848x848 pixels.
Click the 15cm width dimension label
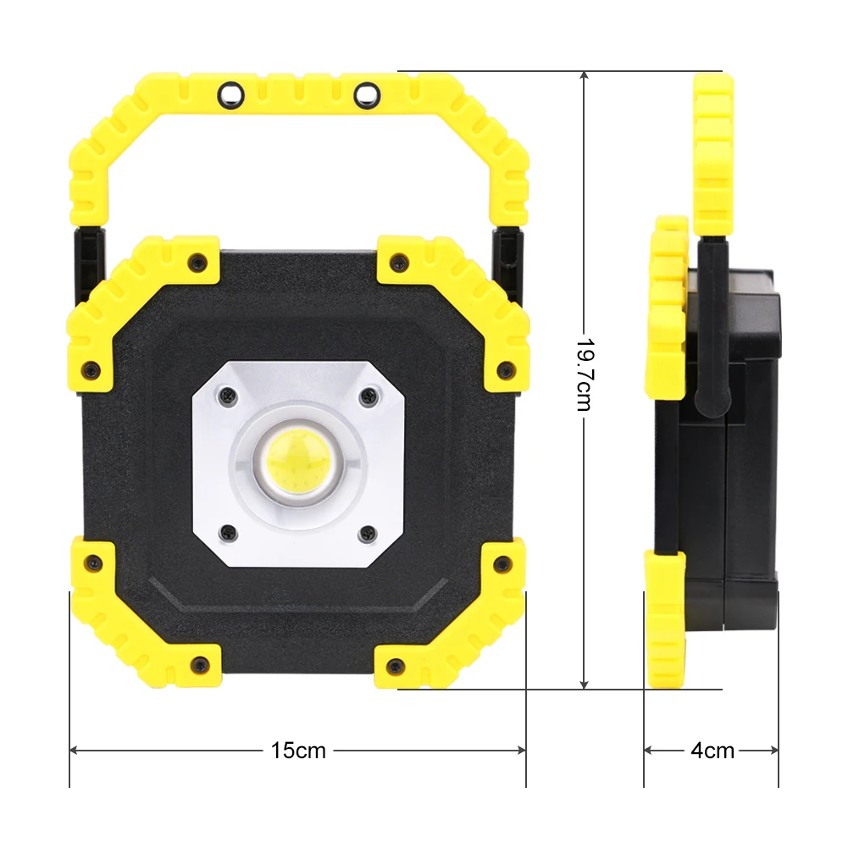[x=298, y=750]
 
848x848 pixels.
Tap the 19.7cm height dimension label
[x=585, y=374]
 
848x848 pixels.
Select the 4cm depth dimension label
[x=712, y=750]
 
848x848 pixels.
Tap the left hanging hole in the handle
[x=231, y=96]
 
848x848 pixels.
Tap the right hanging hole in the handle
[x=367, y=96]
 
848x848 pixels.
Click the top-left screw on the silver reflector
[x=228, y=397]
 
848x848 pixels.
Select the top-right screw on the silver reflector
[x=369, y=396]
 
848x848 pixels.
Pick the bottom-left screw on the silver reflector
[x=229, y=533]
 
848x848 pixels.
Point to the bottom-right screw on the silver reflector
[x=369, y=534]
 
